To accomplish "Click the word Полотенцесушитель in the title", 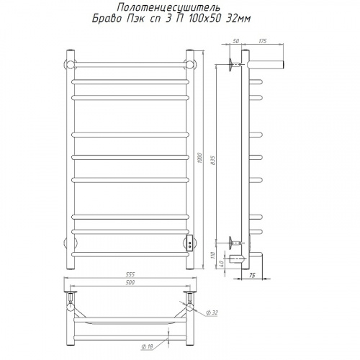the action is pyautogui.click(x=168, y=8).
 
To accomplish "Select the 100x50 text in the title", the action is pyautogui.click(x=204, y=19).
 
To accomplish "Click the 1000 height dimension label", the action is pyautogui.click(x=200, y=158).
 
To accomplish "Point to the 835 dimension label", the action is pyautogui.click(x=213, y=161).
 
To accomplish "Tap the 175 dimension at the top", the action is pyautogui.click(x=263, y=41).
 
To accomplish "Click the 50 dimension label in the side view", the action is pyautogui.click(x=235, y=41).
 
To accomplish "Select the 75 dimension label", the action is pyautogui.click(x=251, y=276).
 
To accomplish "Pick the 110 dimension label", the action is pyautogui.click(x=214, y=255).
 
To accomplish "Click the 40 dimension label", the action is pyautogui.click(x=222, y=264).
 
